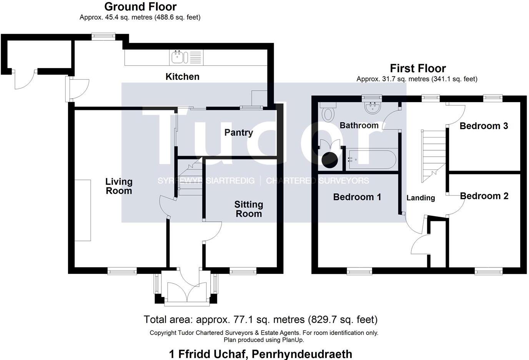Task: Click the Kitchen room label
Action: (182, 76)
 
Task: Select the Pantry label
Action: (238, 133)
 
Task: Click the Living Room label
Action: (119, 186)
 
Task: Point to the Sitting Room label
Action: (249, 209)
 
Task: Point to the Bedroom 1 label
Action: (357, 197)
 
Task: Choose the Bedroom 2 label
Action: (484, 196)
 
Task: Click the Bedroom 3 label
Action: (484, 126)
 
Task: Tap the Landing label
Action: (421, 198)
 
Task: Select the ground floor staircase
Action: (190, 178)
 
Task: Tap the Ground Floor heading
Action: (140, 7)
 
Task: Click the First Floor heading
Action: (418, 68)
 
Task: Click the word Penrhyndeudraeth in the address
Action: (302, 353)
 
